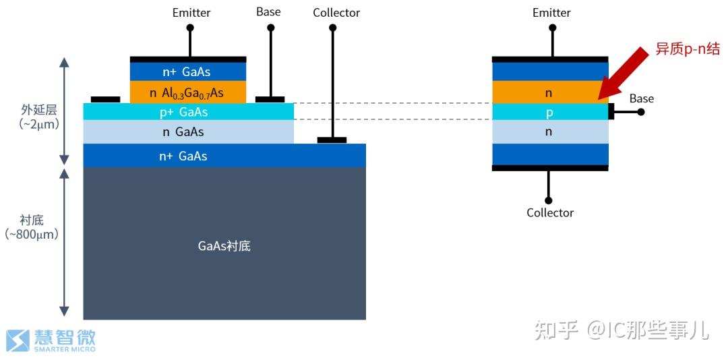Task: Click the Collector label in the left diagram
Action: coord(336,13)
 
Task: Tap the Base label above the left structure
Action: coord(268,12)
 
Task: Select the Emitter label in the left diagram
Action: coord(191,13)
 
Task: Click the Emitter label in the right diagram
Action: coord(551,13)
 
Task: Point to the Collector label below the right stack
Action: coord(550,212)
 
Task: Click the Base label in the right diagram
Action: coord(641,98)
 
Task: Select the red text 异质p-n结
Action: coord(688,49)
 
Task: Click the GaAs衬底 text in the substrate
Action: coord(224,246)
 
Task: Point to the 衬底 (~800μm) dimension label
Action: coord(32,227)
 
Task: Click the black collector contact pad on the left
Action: coord(332,140)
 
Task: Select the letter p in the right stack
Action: coord(549,113)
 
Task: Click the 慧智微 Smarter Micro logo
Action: coord(51,340)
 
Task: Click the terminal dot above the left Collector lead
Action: coord(332,28)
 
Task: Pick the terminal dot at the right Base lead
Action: coord(641,112)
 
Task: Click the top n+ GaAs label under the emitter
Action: coord(188,72)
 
